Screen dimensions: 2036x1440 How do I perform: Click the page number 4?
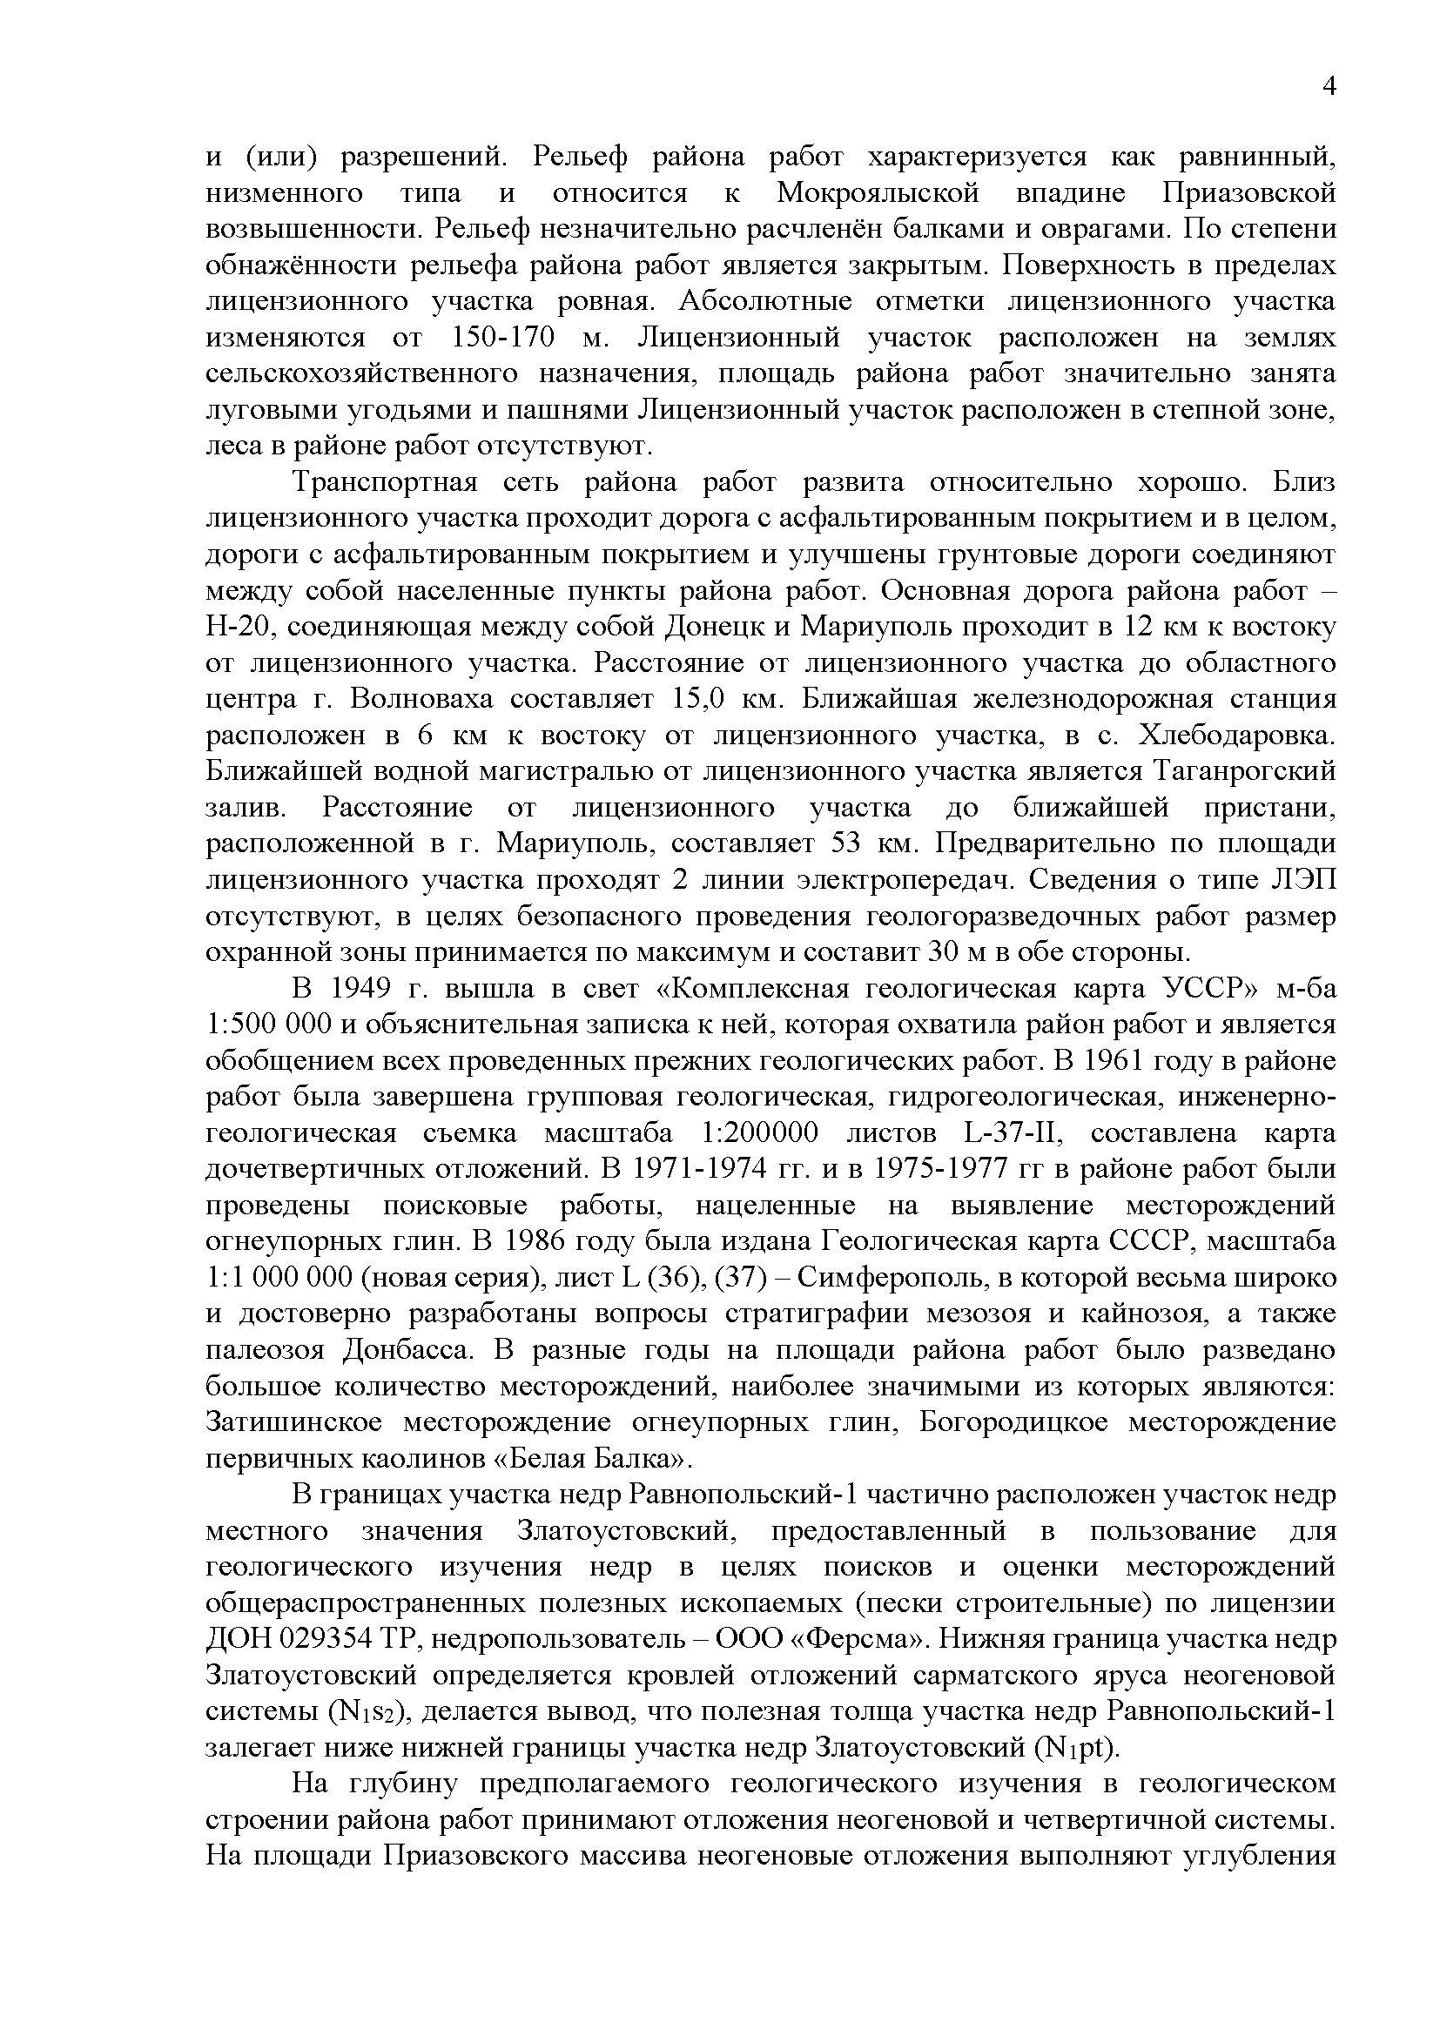click(x=1328, y=86)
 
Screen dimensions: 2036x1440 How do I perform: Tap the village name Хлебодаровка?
click(x=1235, y=736)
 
